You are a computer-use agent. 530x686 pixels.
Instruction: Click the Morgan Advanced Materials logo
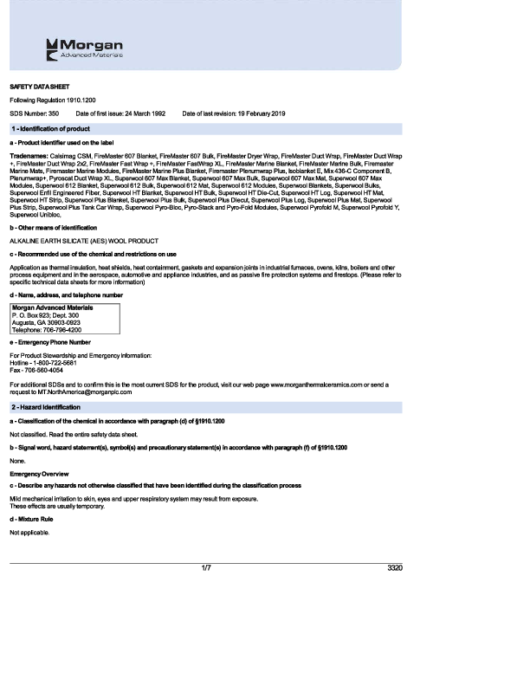tap(85, 49)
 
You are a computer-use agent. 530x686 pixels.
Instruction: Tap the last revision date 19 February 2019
tap(228, 114)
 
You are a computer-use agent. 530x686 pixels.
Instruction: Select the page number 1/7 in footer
tap(206, 568)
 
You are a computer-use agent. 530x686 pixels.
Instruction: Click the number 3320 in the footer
tap(395, 568)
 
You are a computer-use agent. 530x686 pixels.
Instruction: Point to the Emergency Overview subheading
tap(39, 475)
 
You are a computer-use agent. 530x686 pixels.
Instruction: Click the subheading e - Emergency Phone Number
tap(50, 342)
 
